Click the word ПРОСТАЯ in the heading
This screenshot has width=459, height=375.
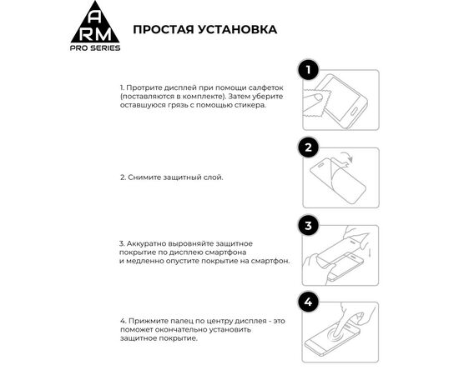point(165,30)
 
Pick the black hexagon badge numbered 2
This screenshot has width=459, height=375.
point(308,147)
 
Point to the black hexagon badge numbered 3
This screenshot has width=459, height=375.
point(308,225)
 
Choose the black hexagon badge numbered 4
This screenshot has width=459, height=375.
point(308,302)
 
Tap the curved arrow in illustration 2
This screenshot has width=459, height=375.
point(370,160)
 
